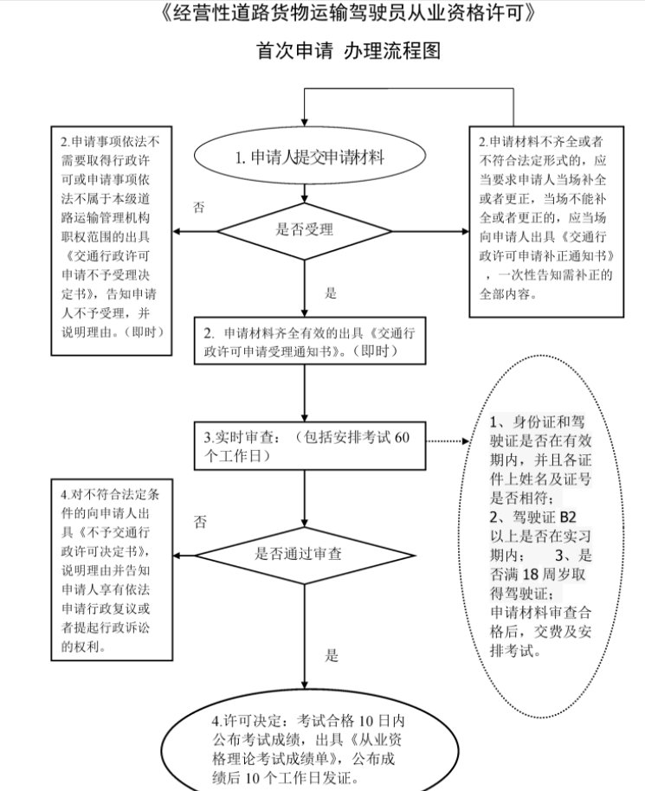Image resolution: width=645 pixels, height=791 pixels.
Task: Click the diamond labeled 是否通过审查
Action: pos(305,550)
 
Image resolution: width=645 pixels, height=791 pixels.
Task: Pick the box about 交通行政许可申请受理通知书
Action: pos(309,342)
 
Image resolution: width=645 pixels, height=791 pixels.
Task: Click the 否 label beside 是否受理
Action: pos(199,208)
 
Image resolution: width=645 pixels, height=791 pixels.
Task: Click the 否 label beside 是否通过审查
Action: pos(200,522)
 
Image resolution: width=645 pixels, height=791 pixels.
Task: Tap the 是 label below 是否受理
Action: pos(330,293)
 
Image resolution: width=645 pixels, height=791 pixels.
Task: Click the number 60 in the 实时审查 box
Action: pos(401,436)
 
